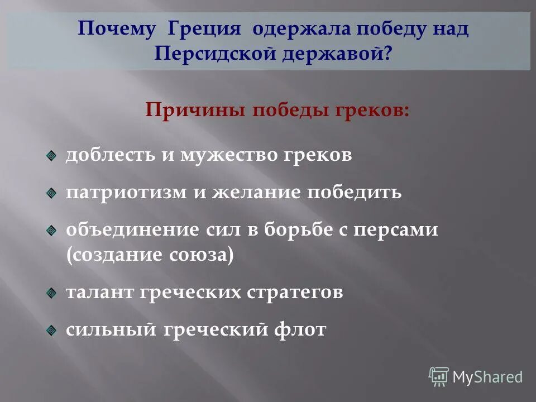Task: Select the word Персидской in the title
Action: click(209, 55)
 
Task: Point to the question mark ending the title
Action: click(387, 55)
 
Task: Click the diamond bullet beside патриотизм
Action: click(51, 193)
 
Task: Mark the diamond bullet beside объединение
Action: click(51, 230)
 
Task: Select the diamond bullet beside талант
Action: click(51, 293)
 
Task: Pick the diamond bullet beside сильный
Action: click(51, 329)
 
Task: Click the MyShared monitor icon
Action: click(439, 377)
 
